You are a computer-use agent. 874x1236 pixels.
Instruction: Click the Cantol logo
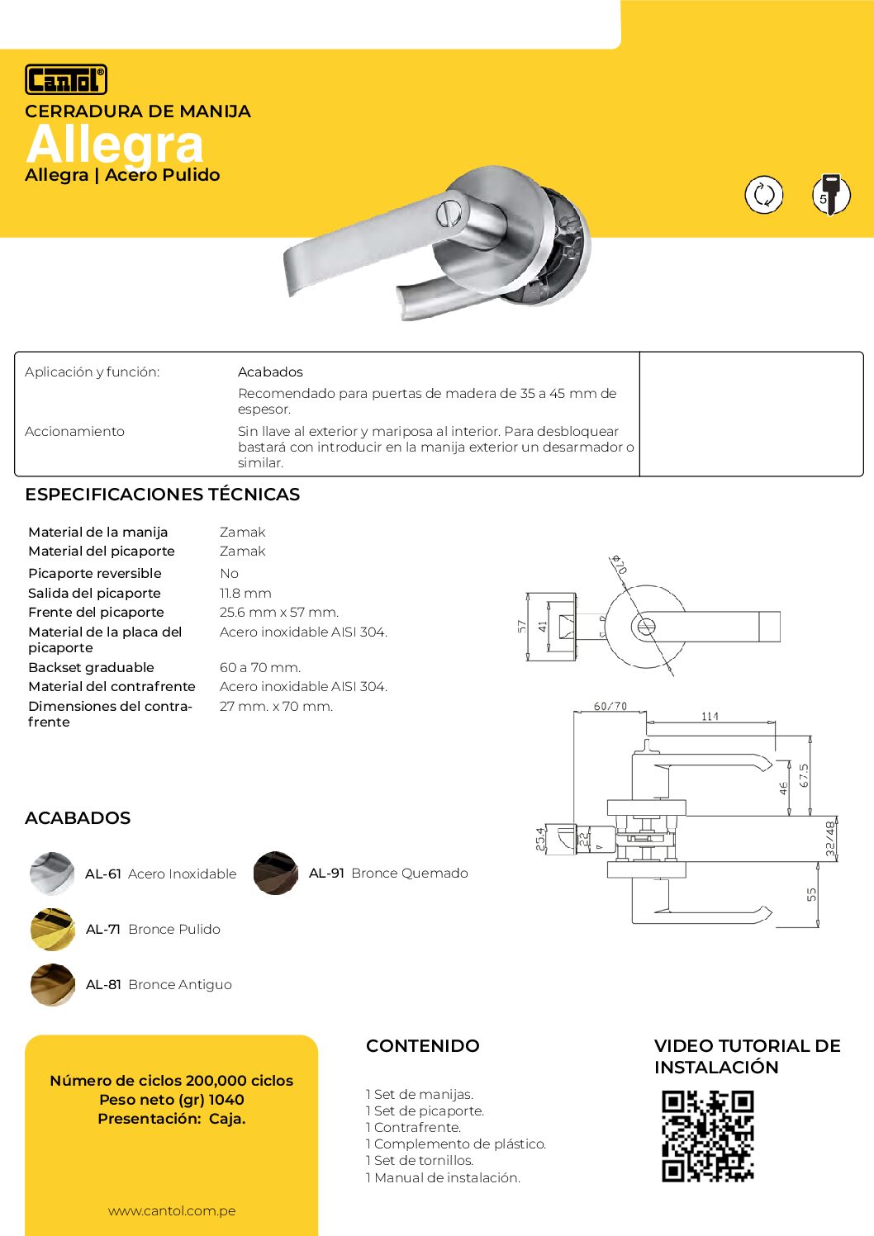[66, 79]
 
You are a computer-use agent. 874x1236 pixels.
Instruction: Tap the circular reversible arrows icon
[763, 195]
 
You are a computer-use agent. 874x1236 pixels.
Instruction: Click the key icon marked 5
[830, 195]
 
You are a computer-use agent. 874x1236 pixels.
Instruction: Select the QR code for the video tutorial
[708, 1136]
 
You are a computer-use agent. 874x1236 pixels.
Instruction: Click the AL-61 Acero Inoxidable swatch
[52, 874]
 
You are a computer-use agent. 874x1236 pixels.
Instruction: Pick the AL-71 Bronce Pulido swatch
[52, 929]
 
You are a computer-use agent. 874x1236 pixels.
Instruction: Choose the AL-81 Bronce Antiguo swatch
[52, 984]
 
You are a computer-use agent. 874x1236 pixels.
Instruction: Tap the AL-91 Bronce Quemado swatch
[276, 873]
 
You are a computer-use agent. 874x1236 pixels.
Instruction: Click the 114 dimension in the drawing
[710, 717]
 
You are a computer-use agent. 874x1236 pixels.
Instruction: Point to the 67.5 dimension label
[804, 776]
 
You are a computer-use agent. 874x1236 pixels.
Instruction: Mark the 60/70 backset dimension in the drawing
[610, 707]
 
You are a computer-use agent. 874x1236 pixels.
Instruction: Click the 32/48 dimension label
[830, 838]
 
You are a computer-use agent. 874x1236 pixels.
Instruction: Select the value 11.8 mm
[245, 593]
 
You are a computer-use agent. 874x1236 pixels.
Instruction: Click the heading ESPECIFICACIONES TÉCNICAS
[162, 495]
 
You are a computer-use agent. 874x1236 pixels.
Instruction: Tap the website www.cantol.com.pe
[172, 1211]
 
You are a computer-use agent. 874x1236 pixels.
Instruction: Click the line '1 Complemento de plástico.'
[456, 1144]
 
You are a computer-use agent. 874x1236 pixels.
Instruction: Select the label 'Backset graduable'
[91, 667]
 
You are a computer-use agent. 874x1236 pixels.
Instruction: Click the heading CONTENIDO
[422, 1046]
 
